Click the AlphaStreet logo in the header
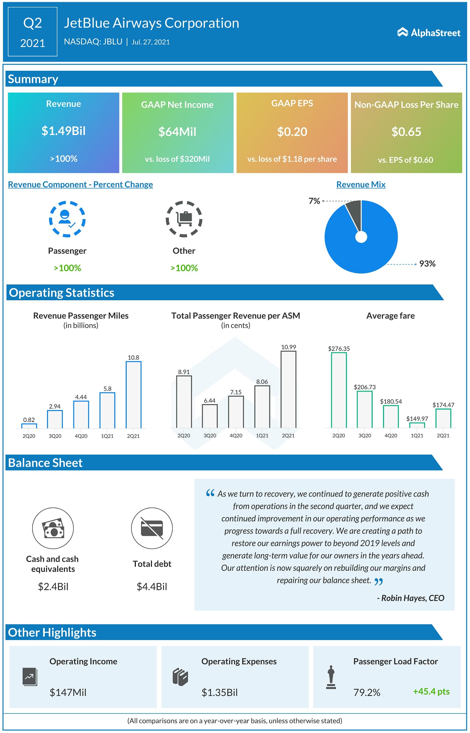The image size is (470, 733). pos(429,33)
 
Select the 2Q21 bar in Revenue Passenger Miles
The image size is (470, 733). pos(133,395)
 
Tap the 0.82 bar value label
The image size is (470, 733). pos(29,420)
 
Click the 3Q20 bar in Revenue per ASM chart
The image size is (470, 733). pos(210,416)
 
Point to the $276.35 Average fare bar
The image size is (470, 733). pos(339,390)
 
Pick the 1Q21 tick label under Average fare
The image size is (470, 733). pos(417,436)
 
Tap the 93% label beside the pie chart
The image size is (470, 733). pos(427,264)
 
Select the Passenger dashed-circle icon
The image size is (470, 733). pos(67,219)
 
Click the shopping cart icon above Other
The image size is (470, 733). pos(184,219)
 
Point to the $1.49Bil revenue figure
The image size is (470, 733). pos(64,131)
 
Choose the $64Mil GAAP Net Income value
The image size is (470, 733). pos(177,132)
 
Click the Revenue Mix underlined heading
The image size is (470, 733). pos(361,185)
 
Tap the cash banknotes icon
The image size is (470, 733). pos(53,529)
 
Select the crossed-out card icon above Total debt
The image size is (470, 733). pos(152,529)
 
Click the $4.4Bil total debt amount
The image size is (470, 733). pos(152,587)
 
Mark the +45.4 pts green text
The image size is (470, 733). pos(431,692)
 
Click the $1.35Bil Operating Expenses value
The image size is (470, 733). pos(220,693)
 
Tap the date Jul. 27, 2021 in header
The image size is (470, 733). pos(151,42)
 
